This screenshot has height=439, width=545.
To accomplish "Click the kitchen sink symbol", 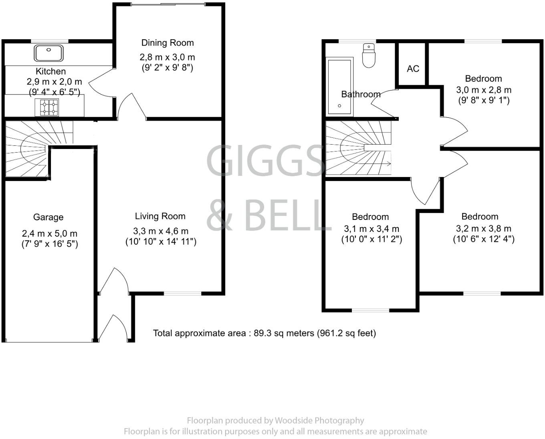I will (x=49, y=53).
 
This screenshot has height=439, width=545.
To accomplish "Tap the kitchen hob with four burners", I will (x=47, y=107).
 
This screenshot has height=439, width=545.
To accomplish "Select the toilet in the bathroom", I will (x=368, y=55).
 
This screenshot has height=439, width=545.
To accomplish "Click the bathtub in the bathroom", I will (x=340, y=87).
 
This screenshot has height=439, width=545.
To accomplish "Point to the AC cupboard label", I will (x=413, y=69).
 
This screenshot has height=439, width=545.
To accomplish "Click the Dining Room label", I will (x=168, y=43).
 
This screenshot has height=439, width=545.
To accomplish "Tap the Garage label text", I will (x=48, y=217).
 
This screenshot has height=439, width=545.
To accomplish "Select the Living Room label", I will (x=160, y=216).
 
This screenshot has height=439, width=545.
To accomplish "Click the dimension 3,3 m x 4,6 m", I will (x=161, y=231).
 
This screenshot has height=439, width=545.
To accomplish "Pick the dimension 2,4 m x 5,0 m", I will (x=50, y=234).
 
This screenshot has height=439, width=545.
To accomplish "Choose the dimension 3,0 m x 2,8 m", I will (x=484, y=90).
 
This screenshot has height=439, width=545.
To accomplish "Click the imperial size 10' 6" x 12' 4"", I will (x=484, y=239).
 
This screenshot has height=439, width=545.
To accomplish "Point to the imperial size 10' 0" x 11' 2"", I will (x=371, y=239).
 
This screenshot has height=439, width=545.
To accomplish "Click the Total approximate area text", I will (x=264, y=333).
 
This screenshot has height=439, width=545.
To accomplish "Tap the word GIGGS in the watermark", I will (x=265, y=161).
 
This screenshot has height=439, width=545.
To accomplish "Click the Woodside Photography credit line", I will (x=275, y=421).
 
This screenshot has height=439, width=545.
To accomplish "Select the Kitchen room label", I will (x=51, y=71).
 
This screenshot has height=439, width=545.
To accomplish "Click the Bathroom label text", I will (x=361, y=94).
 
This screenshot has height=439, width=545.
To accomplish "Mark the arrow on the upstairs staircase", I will (x=387, y=163).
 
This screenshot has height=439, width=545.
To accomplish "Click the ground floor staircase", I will (x=32, y=148).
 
